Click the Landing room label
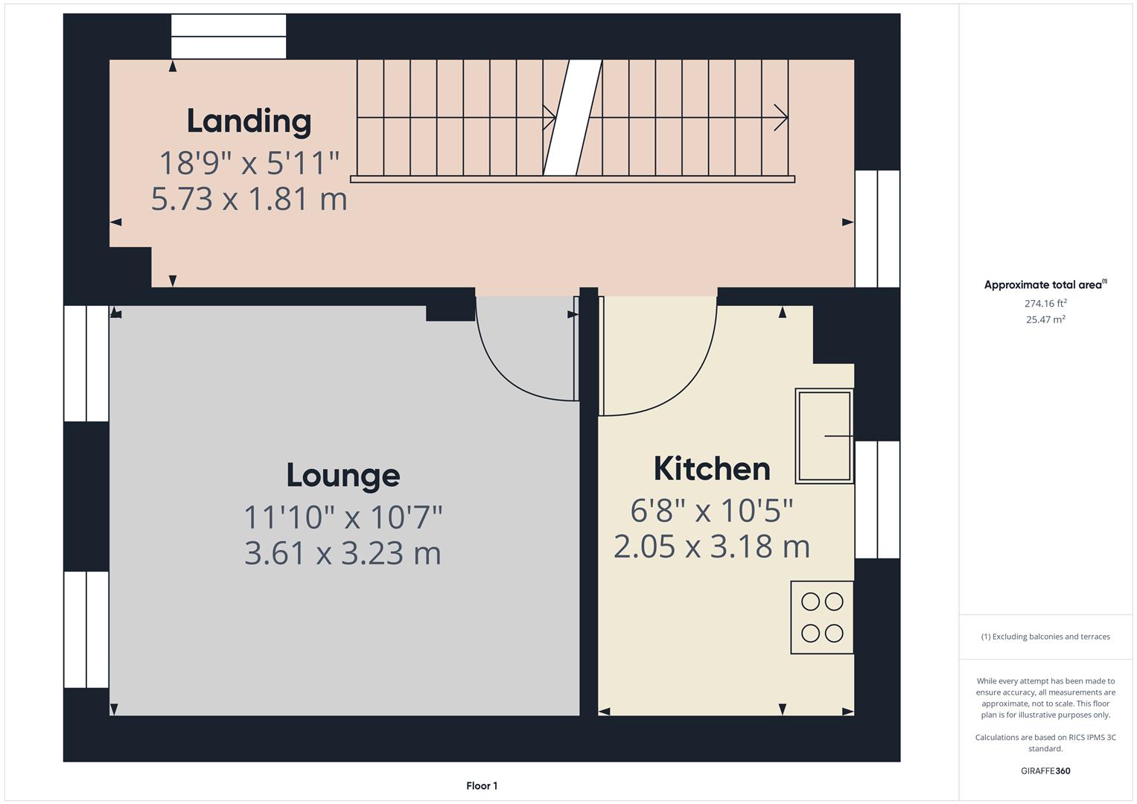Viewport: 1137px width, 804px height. coord(249,121)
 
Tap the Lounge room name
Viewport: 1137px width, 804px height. coord(343,476)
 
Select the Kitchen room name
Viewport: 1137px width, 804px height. coord(712,469)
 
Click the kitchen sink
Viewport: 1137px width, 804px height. coord(824,436)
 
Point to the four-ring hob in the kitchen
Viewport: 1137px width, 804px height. coord(822,617)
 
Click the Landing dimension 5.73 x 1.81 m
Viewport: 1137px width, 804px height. coord(249,200)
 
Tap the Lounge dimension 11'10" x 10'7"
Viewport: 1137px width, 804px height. coord(343,517)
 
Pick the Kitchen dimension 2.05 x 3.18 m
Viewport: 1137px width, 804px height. coord(712,546)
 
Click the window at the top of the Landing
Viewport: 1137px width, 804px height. coord(229,36)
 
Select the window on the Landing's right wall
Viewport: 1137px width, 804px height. coord(877,229)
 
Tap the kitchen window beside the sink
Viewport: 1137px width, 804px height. coord(877,500)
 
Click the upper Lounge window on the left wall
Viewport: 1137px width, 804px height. coord(86,363)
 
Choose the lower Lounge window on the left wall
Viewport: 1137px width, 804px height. coord(86,629)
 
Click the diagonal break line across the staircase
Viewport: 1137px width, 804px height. coord(572,118)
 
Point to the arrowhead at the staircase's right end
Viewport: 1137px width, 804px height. coord(782,118)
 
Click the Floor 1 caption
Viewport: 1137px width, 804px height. coord(482,785)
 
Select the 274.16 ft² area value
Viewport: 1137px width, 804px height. coord(1045,303)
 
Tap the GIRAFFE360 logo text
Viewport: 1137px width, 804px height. coord(1045,770)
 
